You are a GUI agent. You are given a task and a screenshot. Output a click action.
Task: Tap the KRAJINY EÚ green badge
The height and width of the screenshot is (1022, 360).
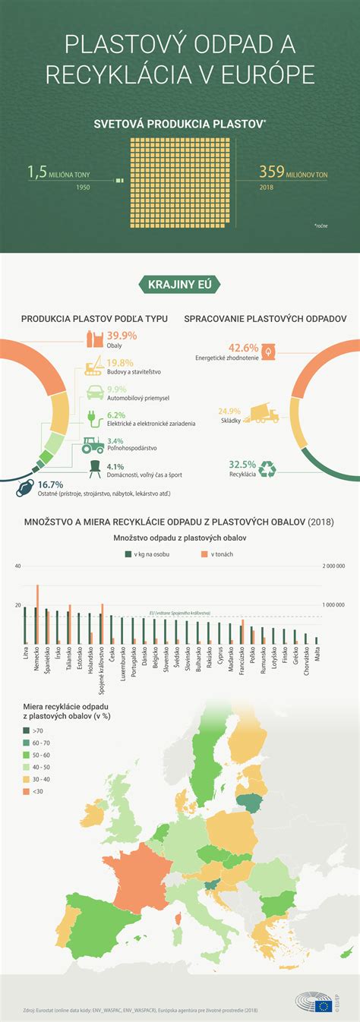pos(179,285)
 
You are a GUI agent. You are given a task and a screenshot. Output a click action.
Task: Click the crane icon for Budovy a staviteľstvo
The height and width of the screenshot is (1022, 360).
pos(94,367)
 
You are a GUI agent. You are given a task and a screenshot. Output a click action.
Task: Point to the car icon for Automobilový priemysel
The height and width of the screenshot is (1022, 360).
pos(96,393)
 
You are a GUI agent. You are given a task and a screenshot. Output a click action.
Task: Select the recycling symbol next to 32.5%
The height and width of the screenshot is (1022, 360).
pos(269,469)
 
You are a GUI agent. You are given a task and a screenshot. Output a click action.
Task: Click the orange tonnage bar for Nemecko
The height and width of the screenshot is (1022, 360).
pos(37,614)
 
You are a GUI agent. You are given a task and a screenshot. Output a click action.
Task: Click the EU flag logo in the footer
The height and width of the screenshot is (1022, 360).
pos(325,1006)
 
